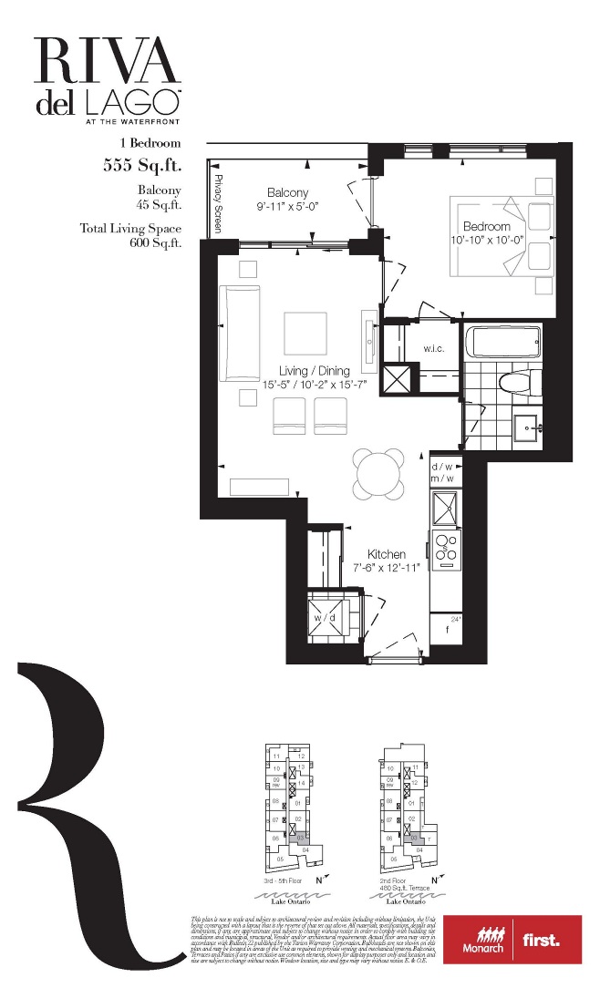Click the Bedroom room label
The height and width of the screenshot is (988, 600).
pos(486,226)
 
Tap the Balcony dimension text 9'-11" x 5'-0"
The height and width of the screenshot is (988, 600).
pos(287,207)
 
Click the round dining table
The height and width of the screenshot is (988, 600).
pos(378,473)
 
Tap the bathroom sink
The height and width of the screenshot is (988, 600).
pos(526,426)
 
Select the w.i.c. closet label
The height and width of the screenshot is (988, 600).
pos(433,348)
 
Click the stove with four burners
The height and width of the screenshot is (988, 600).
pos(447,546)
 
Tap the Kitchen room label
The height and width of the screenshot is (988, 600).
pos(387,554)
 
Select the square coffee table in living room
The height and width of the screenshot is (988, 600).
pos(305,334)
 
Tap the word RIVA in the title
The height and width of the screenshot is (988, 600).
pos(109,62)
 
